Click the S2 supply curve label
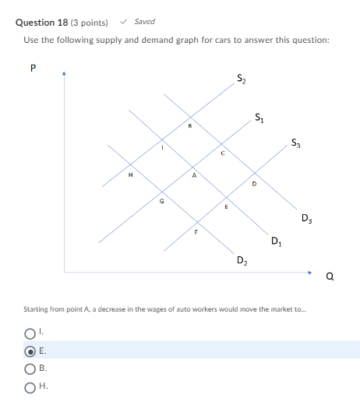coord(241,78)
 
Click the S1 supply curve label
coord(259,118)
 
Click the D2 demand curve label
coord(242,259)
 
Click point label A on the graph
coord(194,175)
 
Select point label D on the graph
coord(253,184)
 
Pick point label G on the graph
coord(161,199)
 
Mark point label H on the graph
coord(131,175)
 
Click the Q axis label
coord(330,274)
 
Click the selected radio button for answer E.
coord(29,350)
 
